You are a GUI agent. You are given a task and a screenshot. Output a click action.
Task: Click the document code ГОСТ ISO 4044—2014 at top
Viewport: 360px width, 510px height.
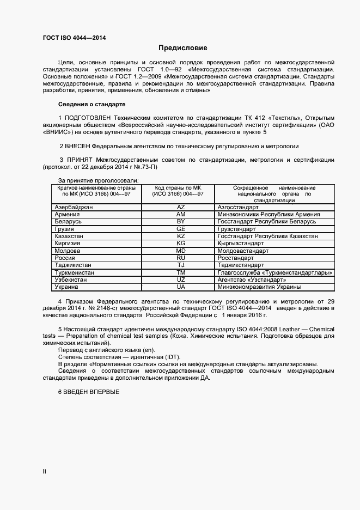74,38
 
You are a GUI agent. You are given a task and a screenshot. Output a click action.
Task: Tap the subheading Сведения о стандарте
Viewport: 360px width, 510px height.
91,104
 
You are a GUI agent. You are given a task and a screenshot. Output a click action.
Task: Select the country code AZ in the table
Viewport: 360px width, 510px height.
181,208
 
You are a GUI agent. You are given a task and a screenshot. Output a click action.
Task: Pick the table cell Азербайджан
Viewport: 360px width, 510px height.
74,208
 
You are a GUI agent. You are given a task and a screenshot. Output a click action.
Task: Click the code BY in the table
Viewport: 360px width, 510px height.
181,222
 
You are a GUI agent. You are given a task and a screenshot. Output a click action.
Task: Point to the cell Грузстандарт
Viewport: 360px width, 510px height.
240,229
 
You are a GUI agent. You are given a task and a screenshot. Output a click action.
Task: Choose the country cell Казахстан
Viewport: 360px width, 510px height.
69,236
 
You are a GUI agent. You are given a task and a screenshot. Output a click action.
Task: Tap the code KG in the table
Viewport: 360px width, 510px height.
181,244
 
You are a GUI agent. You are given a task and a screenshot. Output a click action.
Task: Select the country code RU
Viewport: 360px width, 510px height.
181,258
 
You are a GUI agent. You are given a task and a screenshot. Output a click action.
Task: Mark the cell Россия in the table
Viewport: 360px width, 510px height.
65,258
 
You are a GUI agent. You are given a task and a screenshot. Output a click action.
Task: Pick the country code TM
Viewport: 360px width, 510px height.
181,272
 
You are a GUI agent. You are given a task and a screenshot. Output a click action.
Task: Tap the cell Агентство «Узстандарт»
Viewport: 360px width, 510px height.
251,280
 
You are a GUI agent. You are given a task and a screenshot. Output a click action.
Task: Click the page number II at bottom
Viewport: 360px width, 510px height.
45,471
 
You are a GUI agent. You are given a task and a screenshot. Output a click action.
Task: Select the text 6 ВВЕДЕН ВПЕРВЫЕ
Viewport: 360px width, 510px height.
88,393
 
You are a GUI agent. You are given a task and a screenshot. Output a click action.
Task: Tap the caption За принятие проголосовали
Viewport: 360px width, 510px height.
98,180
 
